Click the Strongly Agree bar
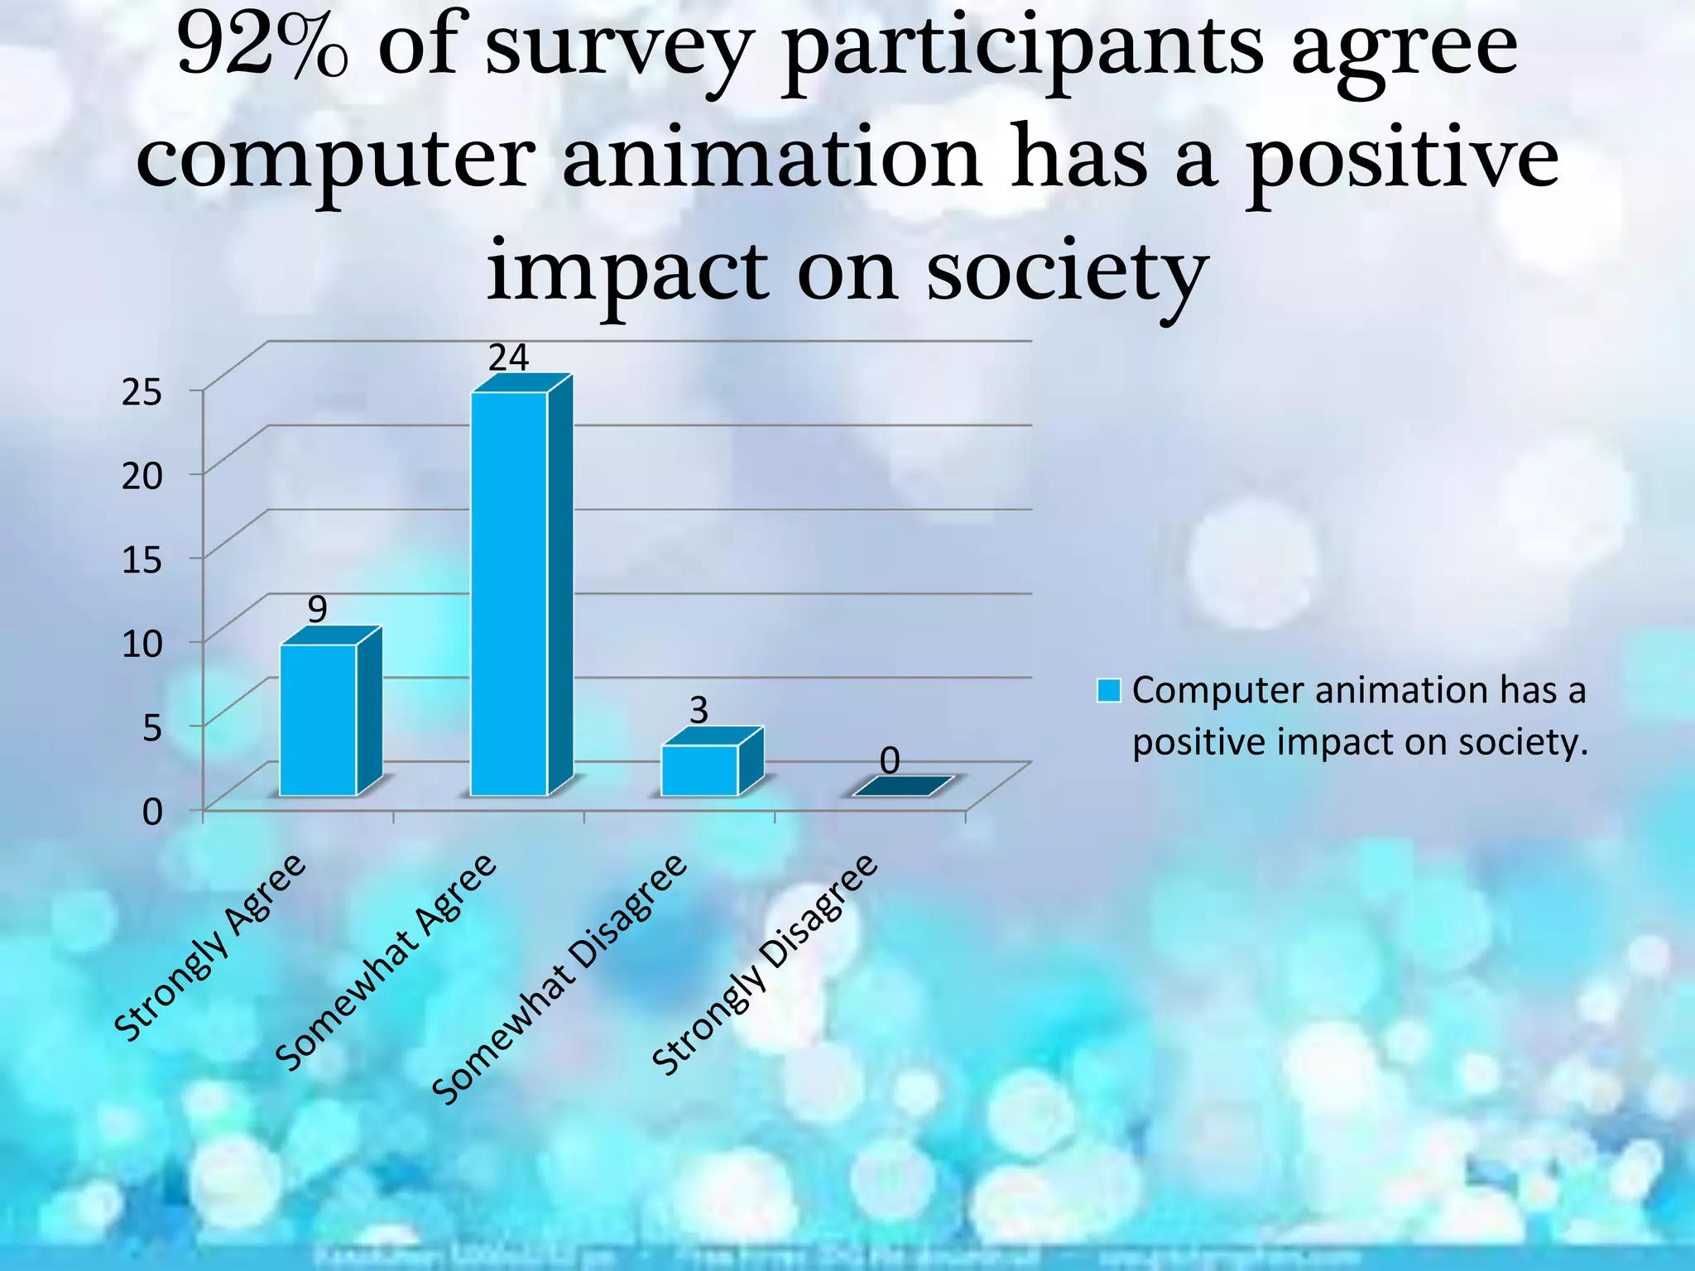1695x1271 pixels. (x=319, y=719)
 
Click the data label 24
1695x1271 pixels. (x=508, y=357)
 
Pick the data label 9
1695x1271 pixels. (x=318, y=610)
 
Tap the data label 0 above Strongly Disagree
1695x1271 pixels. (x=890, y=760)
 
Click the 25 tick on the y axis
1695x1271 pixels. (x=142, y=392)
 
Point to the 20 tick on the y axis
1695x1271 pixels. (x=142, y=476)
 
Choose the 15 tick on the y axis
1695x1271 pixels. (x=142, y=560)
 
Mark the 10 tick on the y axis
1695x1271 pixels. (x=142, y=644)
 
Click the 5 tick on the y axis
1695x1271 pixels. (x=152, y=728)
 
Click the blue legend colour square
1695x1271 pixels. (x=1108, y=690)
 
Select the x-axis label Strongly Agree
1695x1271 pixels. (x=211, y=947)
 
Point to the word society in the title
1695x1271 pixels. (x=1067, y=271)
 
